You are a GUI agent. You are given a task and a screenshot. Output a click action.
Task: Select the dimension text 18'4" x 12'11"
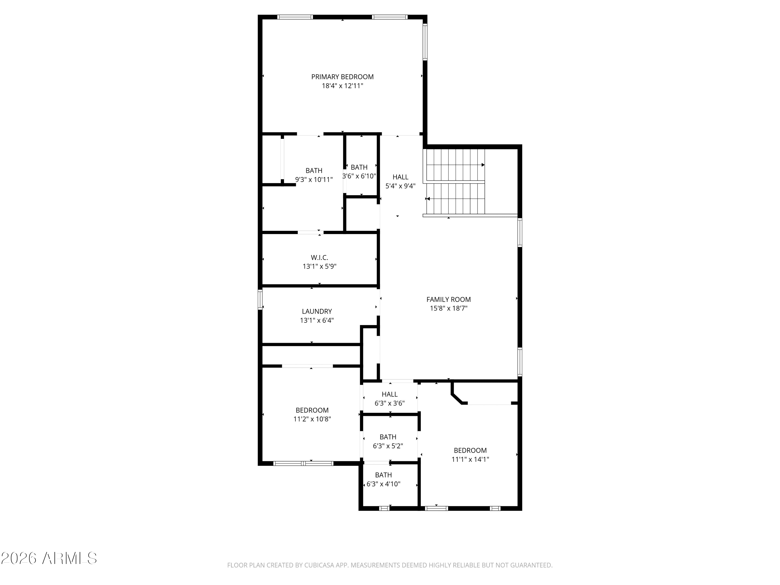click(x=342, y=86)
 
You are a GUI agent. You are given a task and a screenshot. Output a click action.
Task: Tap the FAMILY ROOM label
click(x=448, y=299)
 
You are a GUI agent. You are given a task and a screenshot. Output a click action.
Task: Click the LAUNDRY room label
click(x=317, y=311)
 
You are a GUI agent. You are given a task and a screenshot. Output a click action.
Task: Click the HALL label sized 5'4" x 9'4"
click(x=400, y=177)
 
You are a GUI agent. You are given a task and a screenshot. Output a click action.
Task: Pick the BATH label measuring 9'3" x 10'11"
click(x=314, y=171)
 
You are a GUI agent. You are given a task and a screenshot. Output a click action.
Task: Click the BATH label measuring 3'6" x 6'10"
click(x=359, y=167)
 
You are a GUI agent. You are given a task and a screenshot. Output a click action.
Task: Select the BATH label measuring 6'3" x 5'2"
click(x=388, y=437)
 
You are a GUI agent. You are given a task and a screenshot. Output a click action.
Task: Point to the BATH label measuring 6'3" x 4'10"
click(x=383, y=475)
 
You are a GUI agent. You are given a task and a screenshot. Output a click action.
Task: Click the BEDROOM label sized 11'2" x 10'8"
click(x=312, y=410)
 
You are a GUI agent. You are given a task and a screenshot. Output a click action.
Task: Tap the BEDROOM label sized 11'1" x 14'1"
click(x=470, y=450)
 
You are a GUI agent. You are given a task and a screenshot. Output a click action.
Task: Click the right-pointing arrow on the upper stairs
click(x=483, y=165)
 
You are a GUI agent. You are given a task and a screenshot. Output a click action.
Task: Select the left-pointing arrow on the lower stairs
click(x=428, y=199)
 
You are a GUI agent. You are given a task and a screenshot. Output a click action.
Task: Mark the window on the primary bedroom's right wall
click(x=425, y=42)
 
